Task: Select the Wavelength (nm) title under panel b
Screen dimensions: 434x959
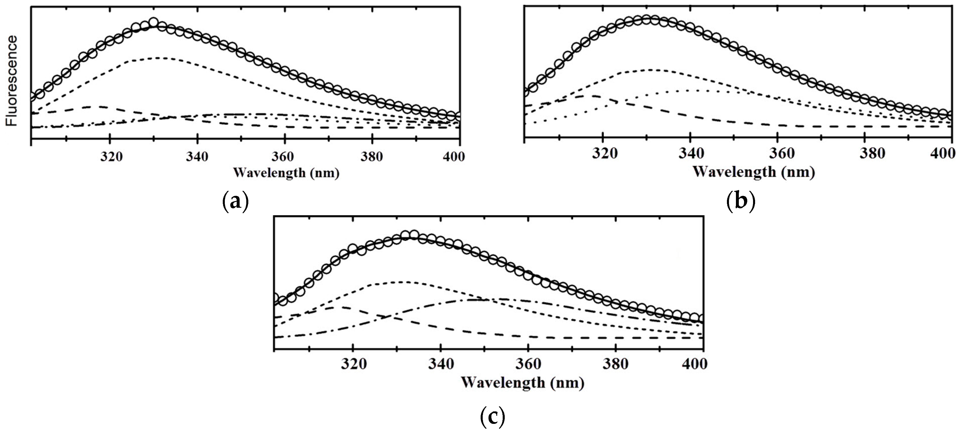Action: tap(754, 172)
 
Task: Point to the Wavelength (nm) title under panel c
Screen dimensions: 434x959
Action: tap(523, 382)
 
